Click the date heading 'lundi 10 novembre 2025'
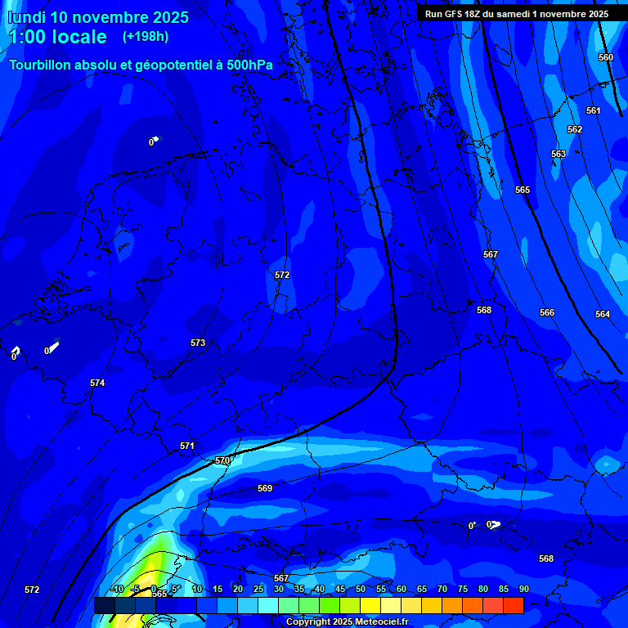tap(98, 17)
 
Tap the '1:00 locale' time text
tap(57, 37)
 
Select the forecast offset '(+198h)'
tap(146, 37)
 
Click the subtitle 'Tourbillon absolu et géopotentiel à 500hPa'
tap(141, 65)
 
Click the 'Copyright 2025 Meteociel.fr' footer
tap(347, 622)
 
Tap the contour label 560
tap(605, 57)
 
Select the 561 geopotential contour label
tap(593, 110)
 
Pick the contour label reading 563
tap(558, 154)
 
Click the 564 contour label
tap(603, 314)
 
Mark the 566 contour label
tap(547, 312)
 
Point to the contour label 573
tap(198, 343)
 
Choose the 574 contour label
tap(97, 383)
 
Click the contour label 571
tap(187, 446)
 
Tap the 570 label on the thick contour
tap(222, 460)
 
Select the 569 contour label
tap(265, 488)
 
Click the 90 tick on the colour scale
tap(523, 589)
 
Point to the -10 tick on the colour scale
tap(117, 589)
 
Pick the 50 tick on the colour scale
tap(361, 589)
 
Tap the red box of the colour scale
tap(513, 605)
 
